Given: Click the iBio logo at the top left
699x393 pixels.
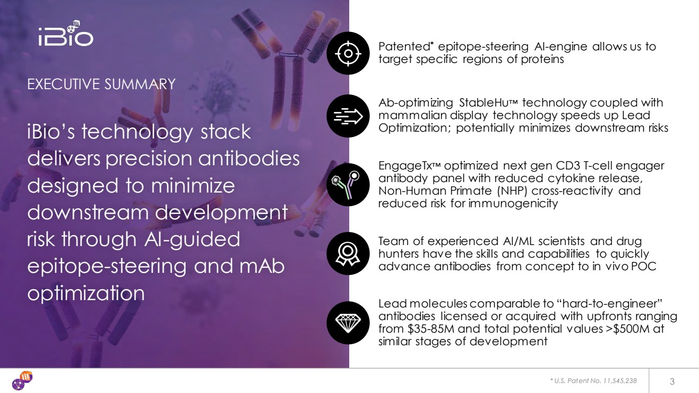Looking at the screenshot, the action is [66, 34].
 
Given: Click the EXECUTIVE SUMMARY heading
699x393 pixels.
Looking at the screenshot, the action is [101, 84].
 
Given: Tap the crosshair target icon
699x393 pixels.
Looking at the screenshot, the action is [348, 54].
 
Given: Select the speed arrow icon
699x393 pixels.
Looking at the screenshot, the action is [348, 116].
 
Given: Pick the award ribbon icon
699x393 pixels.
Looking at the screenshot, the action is [348, 253].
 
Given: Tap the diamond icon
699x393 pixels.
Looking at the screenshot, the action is [348, 323].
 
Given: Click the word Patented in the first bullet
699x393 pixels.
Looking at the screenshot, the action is [404, 47].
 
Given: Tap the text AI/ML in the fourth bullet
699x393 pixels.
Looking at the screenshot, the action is [518, 241].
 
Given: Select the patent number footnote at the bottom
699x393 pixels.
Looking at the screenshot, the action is [593, 381].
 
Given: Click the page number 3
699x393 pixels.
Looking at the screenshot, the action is [672, 381].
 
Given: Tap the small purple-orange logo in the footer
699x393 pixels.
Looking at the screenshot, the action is [22, 380].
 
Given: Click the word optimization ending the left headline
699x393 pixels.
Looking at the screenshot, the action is [86, 293].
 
